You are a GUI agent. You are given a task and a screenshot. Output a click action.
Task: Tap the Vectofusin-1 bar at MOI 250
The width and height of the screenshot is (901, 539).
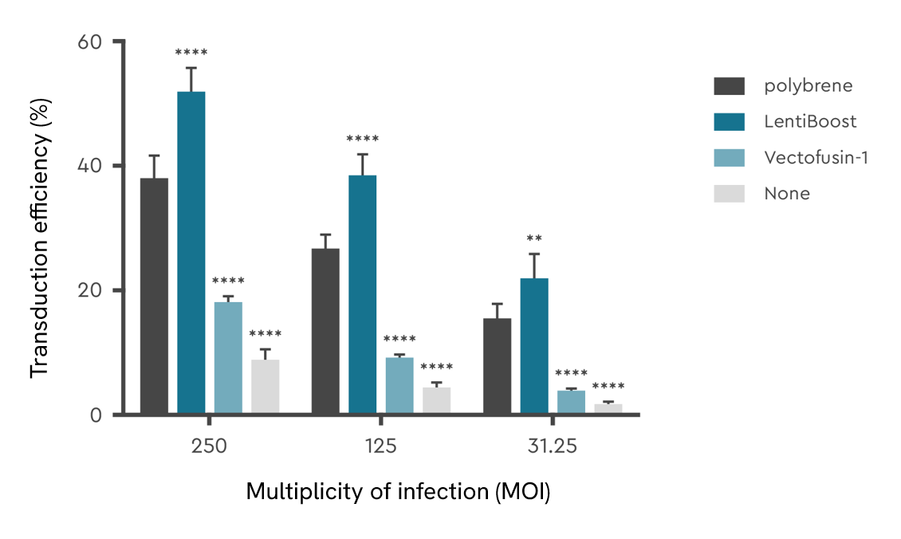(x=228, y=357)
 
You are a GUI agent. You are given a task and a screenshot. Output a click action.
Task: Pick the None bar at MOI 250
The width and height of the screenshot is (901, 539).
(x=266, y=387)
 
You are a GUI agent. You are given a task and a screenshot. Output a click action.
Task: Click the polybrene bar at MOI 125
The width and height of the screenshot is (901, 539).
(x=325, y=331)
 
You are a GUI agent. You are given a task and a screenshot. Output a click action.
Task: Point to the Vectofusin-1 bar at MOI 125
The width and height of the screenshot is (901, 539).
(x=399, y=385)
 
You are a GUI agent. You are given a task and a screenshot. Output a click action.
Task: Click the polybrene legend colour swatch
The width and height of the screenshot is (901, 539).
(x=729, y=85)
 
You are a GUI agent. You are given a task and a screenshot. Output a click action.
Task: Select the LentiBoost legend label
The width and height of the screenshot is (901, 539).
(x=810, y=121)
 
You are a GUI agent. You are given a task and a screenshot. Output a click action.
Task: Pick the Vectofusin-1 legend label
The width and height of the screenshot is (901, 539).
(x=816, y=157)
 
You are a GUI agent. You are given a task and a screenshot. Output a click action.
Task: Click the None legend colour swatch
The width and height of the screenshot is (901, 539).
(x=729, y=193)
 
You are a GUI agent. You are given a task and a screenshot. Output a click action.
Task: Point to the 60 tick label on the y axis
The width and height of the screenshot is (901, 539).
(x=89, y=41)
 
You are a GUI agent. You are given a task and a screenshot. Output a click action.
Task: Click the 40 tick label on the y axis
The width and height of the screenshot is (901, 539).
(x=89, y=166)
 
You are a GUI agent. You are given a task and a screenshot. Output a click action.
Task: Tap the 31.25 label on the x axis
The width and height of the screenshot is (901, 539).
(x=552, y=447)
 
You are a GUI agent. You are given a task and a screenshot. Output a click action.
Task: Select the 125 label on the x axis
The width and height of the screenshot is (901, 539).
(x=381, y=447)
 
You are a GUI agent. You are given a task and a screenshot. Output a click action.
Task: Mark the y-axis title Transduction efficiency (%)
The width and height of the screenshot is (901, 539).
(x=40, y=244)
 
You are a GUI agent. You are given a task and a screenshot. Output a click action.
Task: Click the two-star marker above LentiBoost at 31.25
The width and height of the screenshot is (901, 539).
(x=534, y=238)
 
